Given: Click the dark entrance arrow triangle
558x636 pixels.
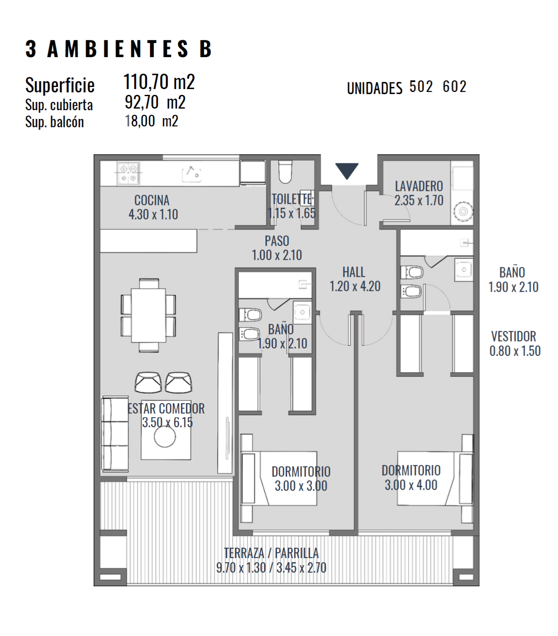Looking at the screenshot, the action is tap(347, 170).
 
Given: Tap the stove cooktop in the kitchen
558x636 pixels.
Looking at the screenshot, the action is tap(128, 173).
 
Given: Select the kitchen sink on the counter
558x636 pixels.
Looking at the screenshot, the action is tap(192, 174).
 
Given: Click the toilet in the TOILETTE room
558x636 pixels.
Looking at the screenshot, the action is tap(285, 172).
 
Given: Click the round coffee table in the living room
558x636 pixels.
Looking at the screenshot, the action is tap(165, 437).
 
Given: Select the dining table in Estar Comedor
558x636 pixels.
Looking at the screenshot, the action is tap(148, 315).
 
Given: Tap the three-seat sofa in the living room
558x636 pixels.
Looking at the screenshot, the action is tap(115, 434).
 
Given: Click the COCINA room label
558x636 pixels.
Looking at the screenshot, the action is tap(152, 200).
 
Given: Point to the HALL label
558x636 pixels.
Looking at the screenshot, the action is tap(354, 272).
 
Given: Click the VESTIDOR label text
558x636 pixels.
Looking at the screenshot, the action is tap(513, 336).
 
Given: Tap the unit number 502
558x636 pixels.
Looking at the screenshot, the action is tap(421, 87).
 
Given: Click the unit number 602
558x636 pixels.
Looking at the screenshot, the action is tap(454, 87).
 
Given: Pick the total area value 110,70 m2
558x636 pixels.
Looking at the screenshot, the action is tap(159, 82).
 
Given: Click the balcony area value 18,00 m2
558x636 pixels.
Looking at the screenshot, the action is tap(151, 121).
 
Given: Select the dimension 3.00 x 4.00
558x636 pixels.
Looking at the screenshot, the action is tap(411, 485).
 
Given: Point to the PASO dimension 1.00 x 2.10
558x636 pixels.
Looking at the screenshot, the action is tap(277, 255).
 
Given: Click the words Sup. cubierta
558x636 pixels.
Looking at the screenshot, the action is tap(59, 105).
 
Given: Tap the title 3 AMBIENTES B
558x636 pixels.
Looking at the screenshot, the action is tap(119, 49).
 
